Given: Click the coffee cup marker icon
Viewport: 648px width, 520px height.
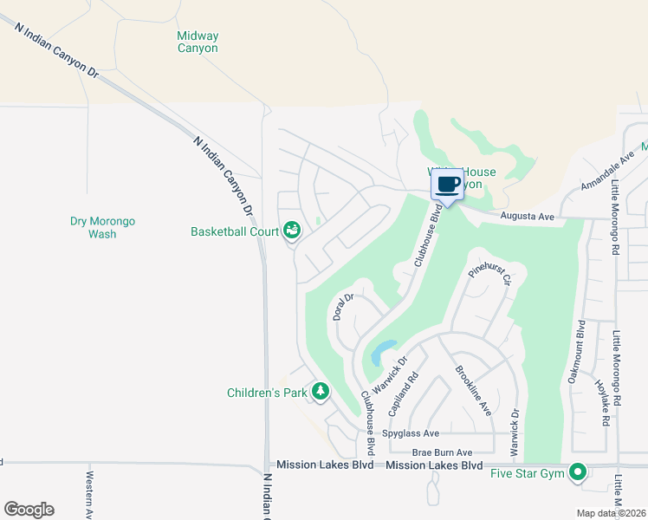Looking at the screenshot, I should point(448,185).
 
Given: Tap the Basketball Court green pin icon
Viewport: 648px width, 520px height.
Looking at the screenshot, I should point(292,230).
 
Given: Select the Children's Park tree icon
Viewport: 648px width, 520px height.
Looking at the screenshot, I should point(321,392).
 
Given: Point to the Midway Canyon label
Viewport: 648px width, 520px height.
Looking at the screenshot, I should point(198,42).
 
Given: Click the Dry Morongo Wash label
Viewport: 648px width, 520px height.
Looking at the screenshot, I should point(102,227).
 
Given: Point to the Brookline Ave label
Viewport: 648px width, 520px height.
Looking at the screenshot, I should point(473,391).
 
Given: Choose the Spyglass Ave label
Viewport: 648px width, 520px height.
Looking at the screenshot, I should point(411,433).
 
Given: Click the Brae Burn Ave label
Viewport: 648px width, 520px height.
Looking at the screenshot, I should point(442,452).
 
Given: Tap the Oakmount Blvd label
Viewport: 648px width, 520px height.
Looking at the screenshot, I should point(581,342).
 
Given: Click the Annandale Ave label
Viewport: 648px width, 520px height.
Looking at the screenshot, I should point(608,169).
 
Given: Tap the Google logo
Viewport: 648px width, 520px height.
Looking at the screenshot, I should point(29,510).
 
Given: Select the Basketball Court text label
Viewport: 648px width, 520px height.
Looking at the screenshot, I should point(235,231).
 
